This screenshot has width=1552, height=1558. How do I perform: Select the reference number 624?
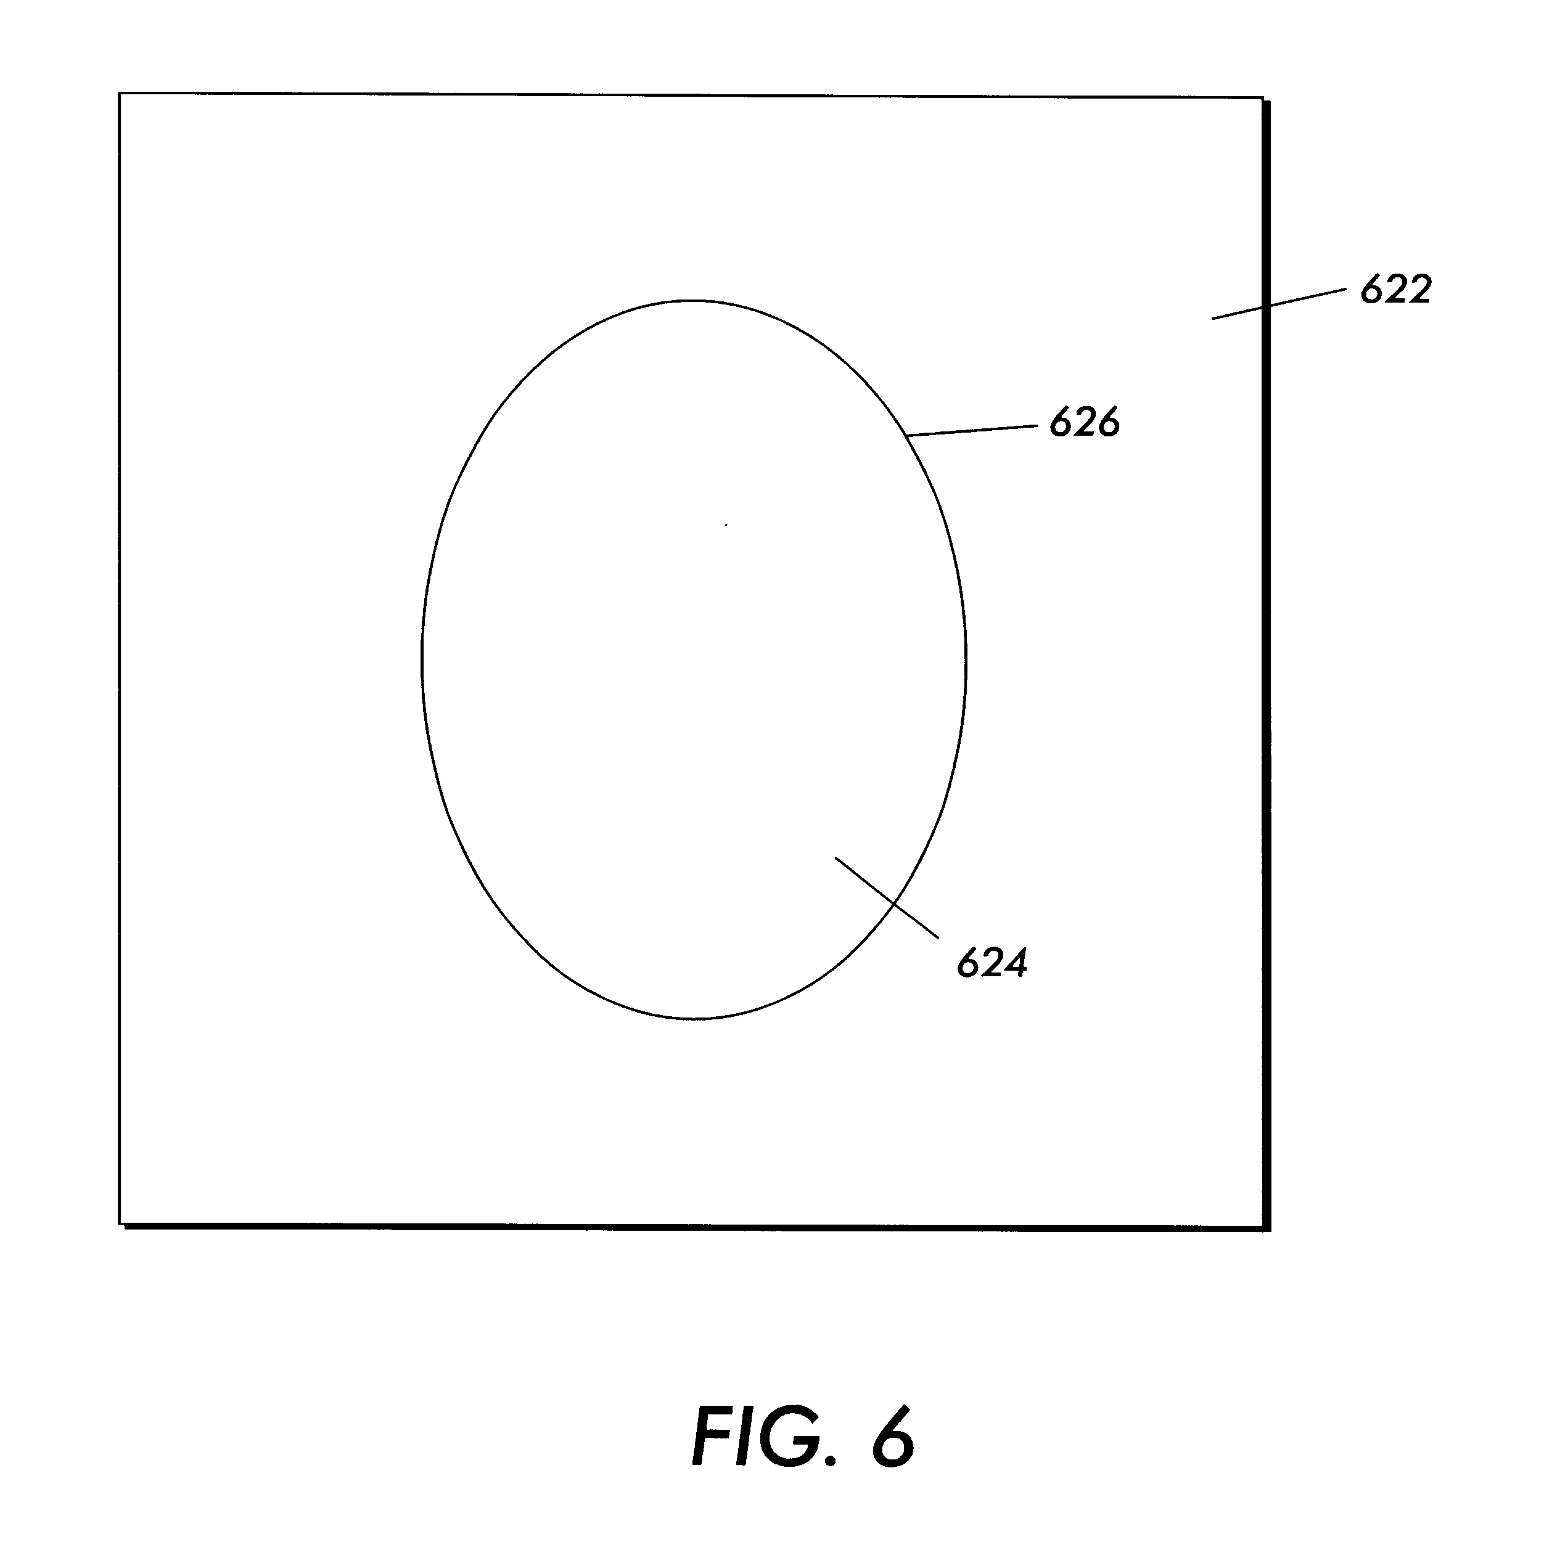pyautogui.click(x=992, y=963)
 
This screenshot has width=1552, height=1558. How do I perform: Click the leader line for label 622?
pyautogui.click(x=1279, y=303)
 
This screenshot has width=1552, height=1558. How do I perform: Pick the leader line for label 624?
pyautogui.click(x=887, y=897)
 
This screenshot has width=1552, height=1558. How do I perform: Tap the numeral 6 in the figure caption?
pyautogui.click(x=893, y=1436)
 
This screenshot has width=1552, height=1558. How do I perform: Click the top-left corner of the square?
pyautogui.click(x=120, y=94)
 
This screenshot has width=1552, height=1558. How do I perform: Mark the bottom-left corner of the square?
pyautogui.click(x=120, y=1223)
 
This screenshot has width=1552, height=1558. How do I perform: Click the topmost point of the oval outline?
pyautogui.click(x=692, y=301)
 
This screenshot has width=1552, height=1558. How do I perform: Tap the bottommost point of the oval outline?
pyautogui.click(x=692, y=1019)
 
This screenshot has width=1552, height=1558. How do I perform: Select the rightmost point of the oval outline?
pyautogui.click(x=966, y=659)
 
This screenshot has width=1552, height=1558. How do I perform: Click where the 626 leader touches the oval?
pyautogui.click(x=908, y=436)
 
